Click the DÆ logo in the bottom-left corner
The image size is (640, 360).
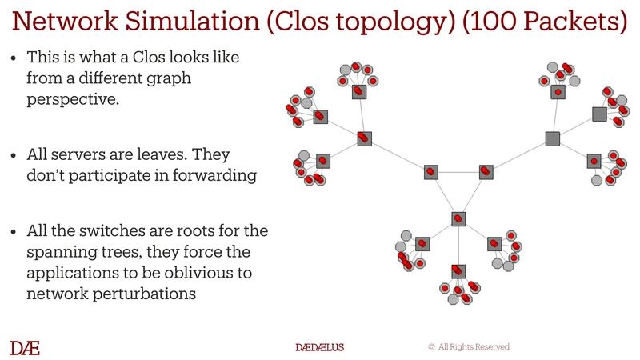pos(25,347)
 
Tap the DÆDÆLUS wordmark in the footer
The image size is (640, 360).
pos(320,347)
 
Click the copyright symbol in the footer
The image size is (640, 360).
pos(431,347)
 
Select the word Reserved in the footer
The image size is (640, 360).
pos(490,347)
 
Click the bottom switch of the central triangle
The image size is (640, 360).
pos(458,218)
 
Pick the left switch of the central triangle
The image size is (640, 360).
pos(430,171)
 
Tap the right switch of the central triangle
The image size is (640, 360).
pos(485,171)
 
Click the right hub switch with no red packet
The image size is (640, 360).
pos(552,139)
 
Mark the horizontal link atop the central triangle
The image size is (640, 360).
pos(457,171)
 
